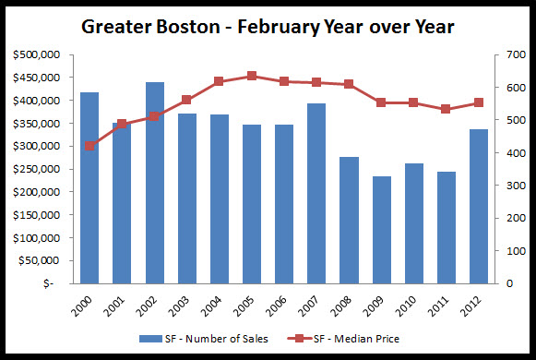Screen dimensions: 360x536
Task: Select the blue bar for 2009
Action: (x=381, y=230)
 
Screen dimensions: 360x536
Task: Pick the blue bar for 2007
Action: (x=316, y=193)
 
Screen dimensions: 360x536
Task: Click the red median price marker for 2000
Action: (x=89, y=146)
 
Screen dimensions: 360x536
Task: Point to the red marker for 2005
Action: (x=252, y=76)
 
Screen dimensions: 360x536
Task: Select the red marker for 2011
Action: (x=446, y=109)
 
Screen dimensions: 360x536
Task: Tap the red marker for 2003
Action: (x=186, y=100)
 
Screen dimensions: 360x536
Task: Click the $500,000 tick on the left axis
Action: (x=38, y=55)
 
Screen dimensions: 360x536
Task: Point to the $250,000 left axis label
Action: (x=38, y=169)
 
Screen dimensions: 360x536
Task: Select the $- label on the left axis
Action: (x=52, y=283)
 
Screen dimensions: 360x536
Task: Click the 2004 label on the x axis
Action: (x=215, y=304)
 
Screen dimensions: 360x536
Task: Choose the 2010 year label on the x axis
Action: (x=410, y=304)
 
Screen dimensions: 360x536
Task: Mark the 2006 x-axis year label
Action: (x=280, y=304)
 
